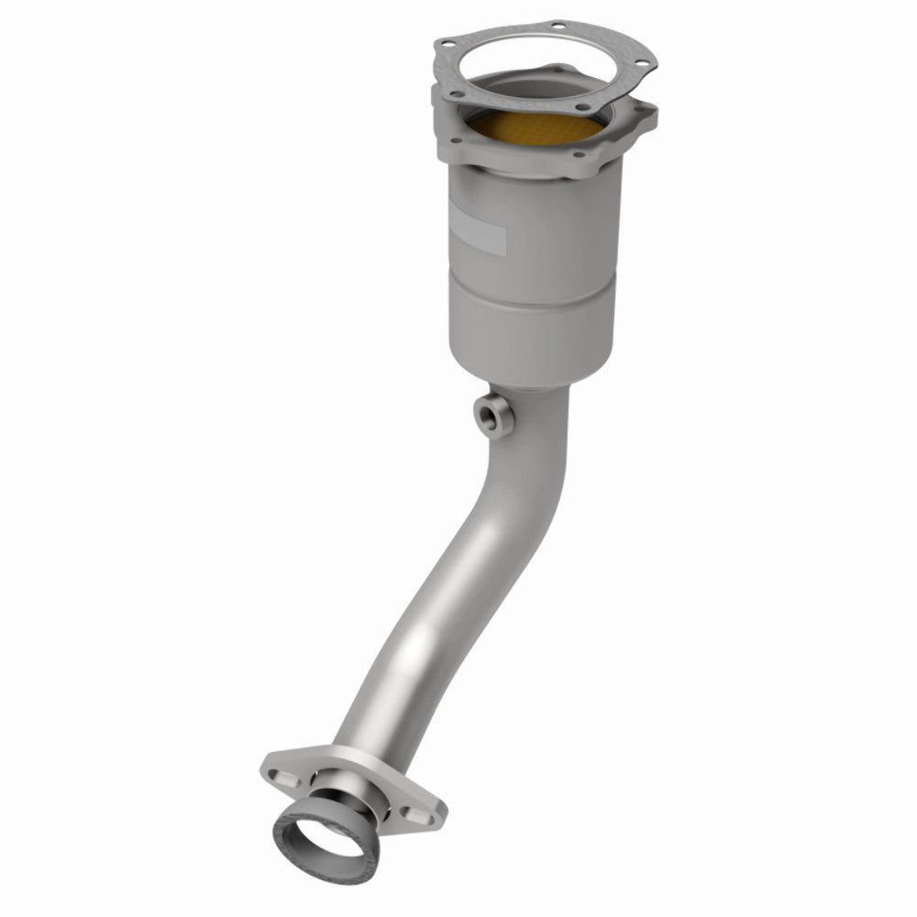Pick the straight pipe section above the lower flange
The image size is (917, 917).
click(x=403, y=660)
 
